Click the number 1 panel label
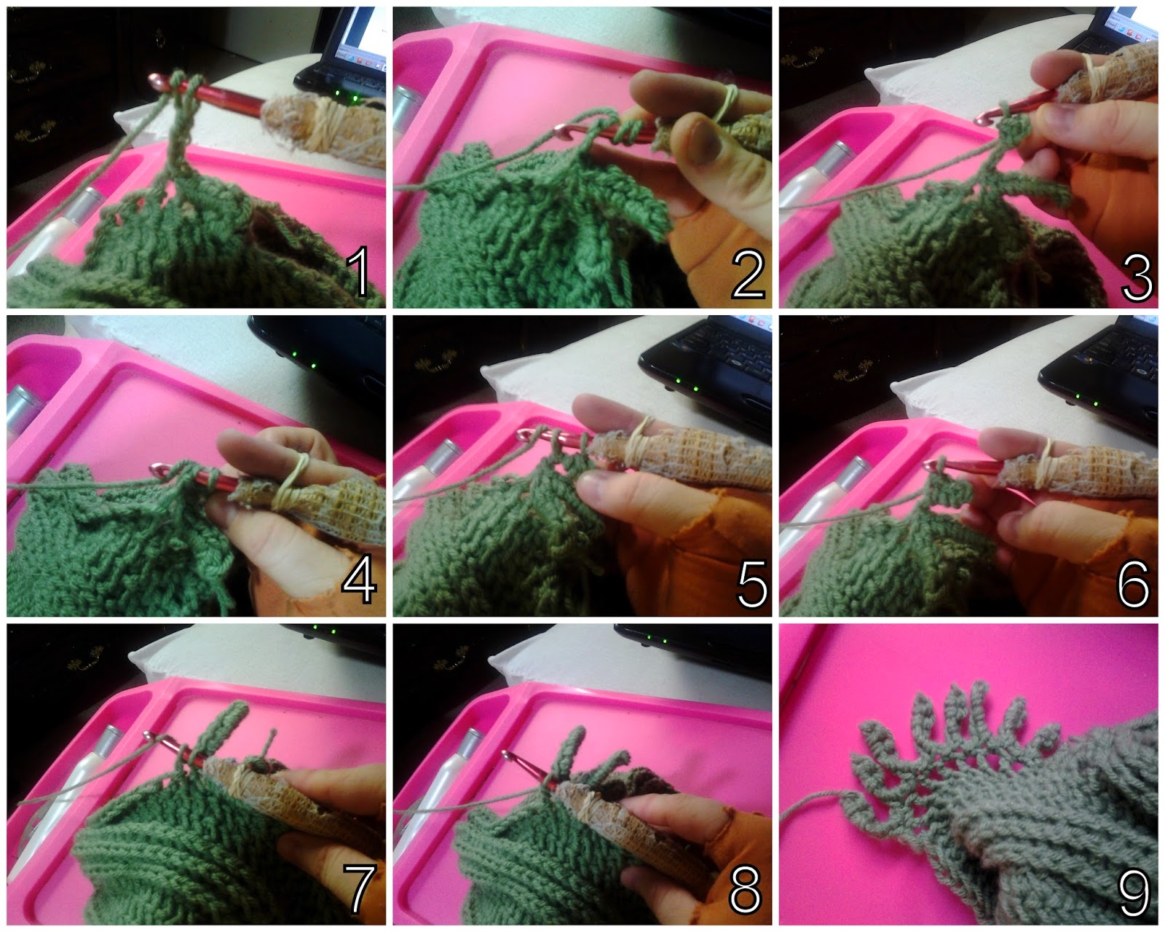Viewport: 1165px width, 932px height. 358,271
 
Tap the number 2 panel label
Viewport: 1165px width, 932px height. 749,275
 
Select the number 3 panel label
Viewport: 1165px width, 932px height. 1137,277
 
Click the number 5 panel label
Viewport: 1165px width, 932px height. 752,583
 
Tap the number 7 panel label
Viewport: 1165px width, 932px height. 360,889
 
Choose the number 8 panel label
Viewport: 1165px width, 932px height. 746,889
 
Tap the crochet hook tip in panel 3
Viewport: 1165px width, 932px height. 982,119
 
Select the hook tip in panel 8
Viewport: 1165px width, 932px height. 508,756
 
